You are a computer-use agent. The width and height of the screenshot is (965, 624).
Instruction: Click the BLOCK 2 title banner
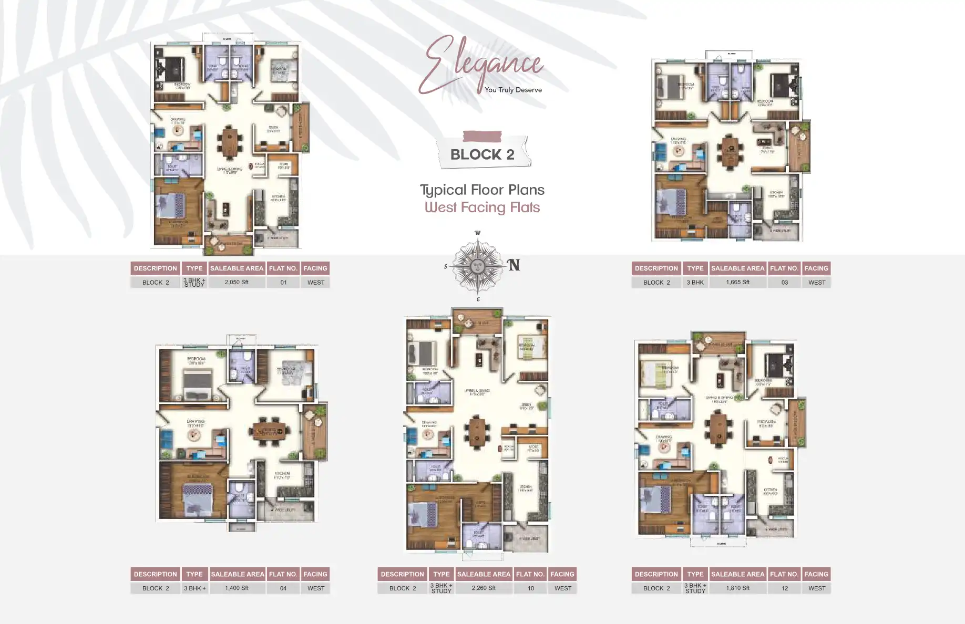482,154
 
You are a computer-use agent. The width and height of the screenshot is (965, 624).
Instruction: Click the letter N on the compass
514,265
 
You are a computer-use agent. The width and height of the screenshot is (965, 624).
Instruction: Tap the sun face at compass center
477,265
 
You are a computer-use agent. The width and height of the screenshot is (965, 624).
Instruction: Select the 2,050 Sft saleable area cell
237,282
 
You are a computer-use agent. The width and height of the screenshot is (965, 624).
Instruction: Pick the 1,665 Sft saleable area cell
737,282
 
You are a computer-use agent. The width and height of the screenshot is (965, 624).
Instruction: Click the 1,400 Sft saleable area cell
237,588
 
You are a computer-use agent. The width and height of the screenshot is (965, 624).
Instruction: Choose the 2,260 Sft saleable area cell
484,588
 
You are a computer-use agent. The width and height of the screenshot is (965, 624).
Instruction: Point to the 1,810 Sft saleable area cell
737,588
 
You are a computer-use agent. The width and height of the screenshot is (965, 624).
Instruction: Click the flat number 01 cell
283,282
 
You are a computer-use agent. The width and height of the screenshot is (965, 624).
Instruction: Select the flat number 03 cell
784,282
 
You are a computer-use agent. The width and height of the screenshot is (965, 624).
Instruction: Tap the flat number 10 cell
530,588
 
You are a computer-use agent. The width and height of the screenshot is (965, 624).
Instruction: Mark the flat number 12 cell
784,588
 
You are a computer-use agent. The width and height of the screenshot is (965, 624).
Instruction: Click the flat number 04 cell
283,588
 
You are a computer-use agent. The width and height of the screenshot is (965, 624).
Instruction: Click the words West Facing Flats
482,207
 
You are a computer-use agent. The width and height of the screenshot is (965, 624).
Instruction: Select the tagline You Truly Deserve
513,90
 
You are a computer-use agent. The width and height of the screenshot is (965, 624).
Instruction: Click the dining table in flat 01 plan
230,142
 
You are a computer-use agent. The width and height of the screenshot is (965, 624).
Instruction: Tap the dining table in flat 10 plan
477,432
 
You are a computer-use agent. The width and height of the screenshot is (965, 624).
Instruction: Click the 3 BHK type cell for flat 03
695,282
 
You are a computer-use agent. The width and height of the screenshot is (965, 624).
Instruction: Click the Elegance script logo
481,63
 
